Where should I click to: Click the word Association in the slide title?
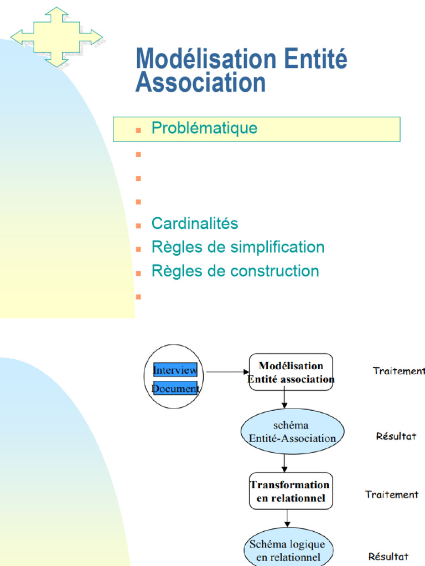[x=200, y=82]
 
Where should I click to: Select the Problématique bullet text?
[x=204, y=128]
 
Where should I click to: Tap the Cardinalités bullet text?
[x=195, y=224]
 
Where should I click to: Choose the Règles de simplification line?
[x=238, y=247]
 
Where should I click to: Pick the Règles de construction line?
[x=235, y=271]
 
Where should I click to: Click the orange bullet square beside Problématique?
[x=139, y=130]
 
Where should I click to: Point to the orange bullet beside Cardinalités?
[x=139, y=226]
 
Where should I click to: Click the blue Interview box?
[x=175, y=370]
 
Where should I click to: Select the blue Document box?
[x=175, y=389]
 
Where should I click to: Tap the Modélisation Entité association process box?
[x=291, y=372]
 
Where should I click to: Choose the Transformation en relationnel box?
[x=291, y=491]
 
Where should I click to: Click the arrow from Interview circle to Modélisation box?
[x=227, y=371]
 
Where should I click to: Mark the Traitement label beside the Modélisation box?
[x=398, y=371]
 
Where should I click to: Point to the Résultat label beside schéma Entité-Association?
[x=396, y=436]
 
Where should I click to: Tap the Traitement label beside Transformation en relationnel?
[x=392, y=495]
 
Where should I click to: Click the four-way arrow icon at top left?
[x=56, y=38]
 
